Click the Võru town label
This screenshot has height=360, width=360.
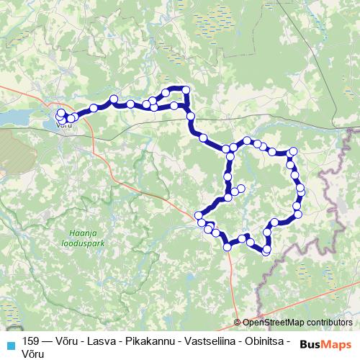tap(63, 125)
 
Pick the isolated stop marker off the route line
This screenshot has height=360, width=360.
tap(241, 189)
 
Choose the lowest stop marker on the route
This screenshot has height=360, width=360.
tap(266, 251)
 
